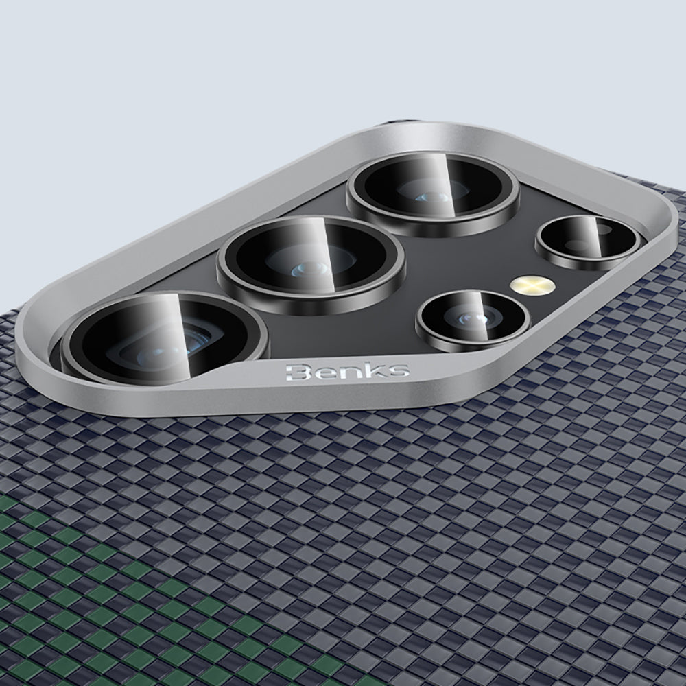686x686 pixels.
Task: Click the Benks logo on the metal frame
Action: (348, 371)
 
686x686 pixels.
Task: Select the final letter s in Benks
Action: (398, 370)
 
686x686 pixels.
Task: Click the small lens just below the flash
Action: (473, 320)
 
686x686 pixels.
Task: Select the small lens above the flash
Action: (588, 241)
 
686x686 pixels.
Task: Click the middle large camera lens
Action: (311, 264)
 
